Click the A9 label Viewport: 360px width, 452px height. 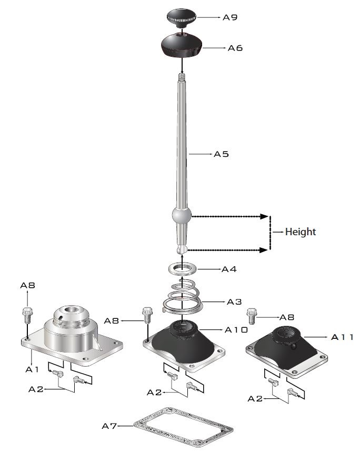(x=230, y=17)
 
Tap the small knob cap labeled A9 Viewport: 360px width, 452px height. (x=181, y=18)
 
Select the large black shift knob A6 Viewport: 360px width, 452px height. (x=181, y=45)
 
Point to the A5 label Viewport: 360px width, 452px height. (x=222, y=154)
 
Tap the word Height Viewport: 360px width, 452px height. (x=301, y=232)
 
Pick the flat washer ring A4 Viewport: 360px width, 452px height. (x=183, y=268)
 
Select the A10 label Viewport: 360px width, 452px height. (x=236, y=329)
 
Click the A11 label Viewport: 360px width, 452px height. (x=342, y=337)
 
